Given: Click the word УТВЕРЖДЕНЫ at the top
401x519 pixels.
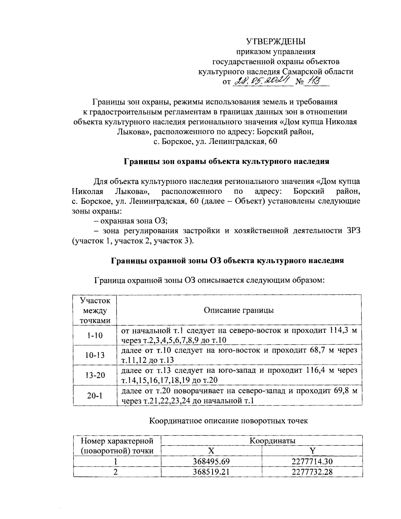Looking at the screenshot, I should tap(276, 41).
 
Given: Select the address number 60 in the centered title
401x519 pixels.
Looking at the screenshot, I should tap(273, 142).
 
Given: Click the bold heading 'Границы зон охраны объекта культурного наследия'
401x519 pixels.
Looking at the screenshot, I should tap(227, 161).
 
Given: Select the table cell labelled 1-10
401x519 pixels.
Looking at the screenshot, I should tap(95, 335).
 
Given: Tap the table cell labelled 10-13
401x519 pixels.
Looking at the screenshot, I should tap(95, 355).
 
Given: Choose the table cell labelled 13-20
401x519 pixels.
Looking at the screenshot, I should tap(95, 375).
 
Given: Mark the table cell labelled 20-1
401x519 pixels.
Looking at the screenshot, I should tap(95, 395).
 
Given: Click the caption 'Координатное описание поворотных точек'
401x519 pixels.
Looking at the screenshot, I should tap(228, 421).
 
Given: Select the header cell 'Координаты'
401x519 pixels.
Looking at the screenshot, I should tap(273, 441).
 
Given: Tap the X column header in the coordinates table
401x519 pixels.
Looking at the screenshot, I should tap(211, 450).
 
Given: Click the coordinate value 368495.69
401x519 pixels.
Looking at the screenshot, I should tap(211, 462).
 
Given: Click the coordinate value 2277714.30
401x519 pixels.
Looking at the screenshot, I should tap(312, 462).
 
